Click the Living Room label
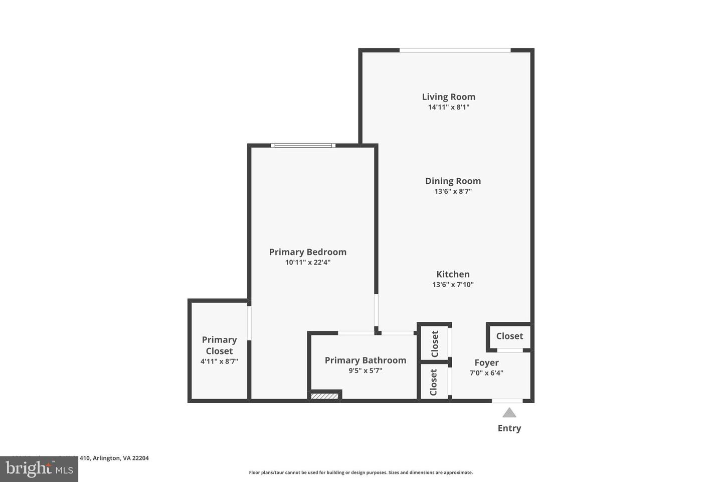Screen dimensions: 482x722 click(448, 97)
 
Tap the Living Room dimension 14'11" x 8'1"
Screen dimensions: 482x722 click(448, 107)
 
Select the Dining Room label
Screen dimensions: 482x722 click(453, 181)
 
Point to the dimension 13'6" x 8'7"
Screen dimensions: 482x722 click(453, 191)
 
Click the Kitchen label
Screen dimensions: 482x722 click(453, 274)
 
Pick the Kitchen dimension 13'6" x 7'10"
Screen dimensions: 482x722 click(453, 285)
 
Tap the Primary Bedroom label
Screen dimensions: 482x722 click(307, 252)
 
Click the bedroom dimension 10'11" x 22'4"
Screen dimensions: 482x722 click(307, 262)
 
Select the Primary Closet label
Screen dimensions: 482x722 click(219, 345)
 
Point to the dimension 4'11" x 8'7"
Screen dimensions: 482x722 click(219, 361)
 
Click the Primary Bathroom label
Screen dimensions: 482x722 click(365, 360)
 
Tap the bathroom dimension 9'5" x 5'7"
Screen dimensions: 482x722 click(365, 371)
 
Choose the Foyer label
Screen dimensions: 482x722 click(486, 363)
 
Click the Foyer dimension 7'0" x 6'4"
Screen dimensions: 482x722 click(486, 373)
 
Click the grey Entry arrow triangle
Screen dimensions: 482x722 click(509, 413)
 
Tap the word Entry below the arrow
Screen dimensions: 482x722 click(509, 428)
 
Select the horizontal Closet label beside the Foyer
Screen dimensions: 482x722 click(509, 336)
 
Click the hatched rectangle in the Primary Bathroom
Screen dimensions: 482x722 click(324, 397)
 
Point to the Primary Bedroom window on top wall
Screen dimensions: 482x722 click(303, 146)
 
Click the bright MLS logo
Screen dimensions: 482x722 click(39, 469)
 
